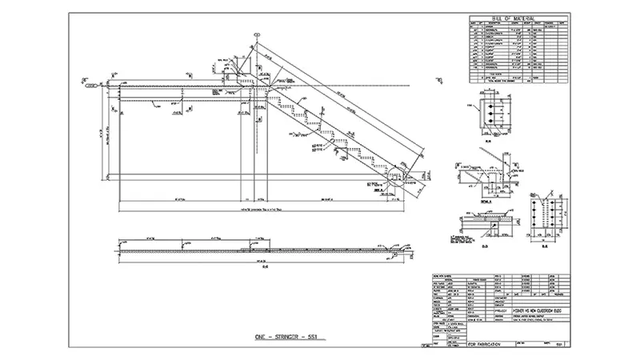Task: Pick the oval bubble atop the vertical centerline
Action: click(258, 35)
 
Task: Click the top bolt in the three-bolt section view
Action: click(488, 113)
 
